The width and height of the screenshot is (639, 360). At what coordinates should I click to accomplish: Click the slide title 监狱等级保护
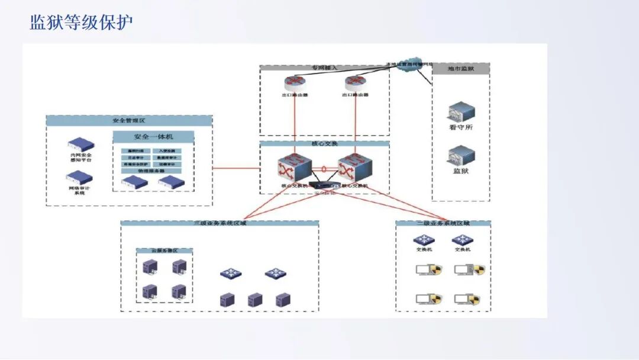pos(82,22)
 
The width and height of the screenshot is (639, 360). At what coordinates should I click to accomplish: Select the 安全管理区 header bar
pos(129,120)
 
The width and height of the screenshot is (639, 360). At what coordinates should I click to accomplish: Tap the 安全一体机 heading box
pos(153,137)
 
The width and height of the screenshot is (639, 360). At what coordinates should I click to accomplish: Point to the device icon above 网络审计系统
pos(79,177)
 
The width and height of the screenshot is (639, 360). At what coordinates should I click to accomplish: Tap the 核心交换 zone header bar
pos(324,144)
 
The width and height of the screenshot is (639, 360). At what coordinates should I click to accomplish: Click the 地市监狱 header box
pos(461,69)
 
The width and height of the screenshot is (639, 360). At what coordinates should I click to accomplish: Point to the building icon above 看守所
pos(461,111)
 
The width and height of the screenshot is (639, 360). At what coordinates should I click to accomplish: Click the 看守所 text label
pos(461,127)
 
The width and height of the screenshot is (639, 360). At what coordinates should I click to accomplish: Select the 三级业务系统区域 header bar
pos(220,223)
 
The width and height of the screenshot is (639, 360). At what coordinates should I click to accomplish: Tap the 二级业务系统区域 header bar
pos(443,223)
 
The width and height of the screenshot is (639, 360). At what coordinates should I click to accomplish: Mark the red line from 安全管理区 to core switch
pos(235,168)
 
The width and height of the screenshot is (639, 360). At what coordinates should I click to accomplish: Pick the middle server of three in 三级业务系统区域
pos(255,300)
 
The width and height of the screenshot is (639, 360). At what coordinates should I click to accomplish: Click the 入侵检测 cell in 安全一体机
pos(167,151)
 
